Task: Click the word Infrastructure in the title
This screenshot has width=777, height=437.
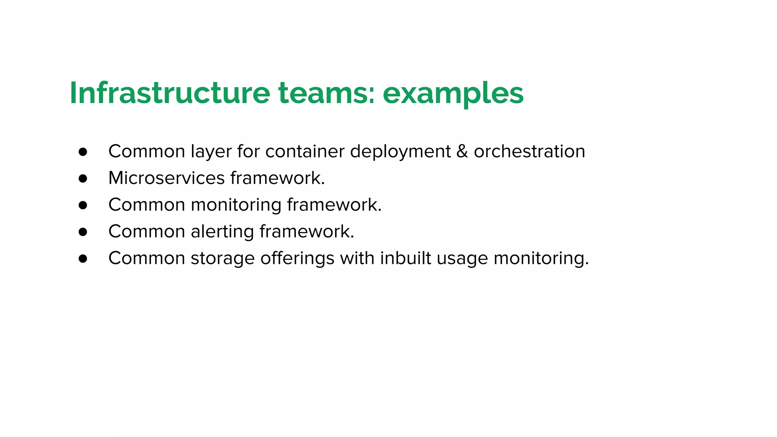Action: (x=170, y=93)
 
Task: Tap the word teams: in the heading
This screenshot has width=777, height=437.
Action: (x=327, y=93)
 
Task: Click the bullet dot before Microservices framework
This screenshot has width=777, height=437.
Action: (x=83, y=178)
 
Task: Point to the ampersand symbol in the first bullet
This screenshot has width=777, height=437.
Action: (x=462, y=151)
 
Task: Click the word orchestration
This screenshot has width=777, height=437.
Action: (x=529, y=151)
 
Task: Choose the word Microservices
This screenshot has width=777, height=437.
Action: (x=167, y=178)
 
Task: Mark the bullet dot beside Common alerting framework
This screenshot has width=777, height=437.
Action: (x=83, y=232)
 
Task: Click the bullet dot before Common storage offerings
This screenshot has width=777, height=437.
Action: (x=83, y=259)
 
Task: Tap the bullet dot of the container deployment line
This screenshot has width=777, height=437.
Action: (x=83, y=152)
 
